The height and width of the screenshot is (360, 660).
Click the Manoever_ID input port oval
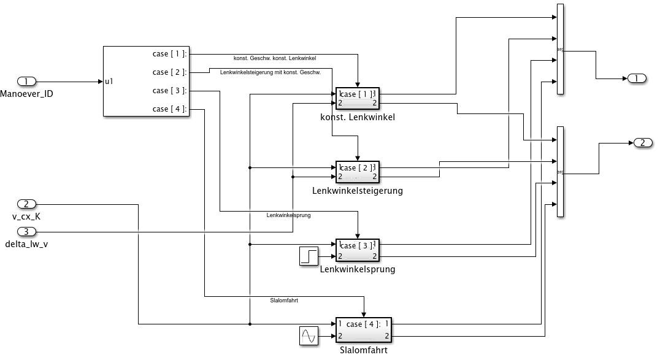(x=27, y=81)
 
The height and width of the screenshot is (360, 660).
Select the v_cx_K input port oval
(x=27, y=204)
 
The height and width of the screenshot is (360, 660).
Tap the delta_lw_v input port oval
(x=27, y=231)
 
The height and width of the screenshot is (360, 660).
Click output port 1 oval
(x=636, y=78)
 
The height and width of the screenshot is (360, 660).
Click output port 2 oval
(x=642, y=143)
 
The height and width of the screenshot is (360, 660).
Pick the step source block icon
(x=309, y=256)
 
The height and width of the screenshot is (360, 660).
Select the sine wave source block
(x=309, y=335)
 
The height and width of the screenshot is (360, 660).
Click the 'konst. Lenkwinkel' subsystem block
(x=358, y=98)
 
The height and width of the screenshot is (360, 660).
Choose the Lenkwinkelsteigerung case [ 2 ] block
(x=358, y=172)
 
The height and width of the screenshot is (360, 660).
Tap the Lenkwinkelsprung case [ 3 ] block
(x=358, y=250)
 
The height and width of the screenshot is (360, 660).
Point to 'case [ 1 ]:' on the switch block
(x=170, y=54)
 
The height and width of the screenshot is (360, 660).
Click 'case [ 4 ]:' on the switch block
(x=170, y=109)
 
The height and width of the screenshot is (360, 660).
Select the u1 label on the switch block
(x=109, y=81)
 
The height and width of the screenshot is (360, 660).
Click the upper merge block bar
(x=560, y=49)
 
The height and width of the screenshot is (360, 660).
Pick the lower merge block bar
(x=560, y=172)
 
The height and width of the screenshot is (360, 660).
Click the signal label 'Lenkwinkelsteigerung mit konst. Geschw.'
(x=270, y=72)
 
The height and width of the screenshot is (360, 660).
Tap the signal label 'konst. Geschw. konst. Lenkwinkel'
(x=275, y=58)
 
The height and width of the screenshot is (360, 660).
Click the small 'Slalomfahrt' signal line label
(x=284, y=300)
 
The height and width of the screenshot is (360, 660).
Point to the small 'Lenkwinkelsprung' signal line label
(x=289, y=215)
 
